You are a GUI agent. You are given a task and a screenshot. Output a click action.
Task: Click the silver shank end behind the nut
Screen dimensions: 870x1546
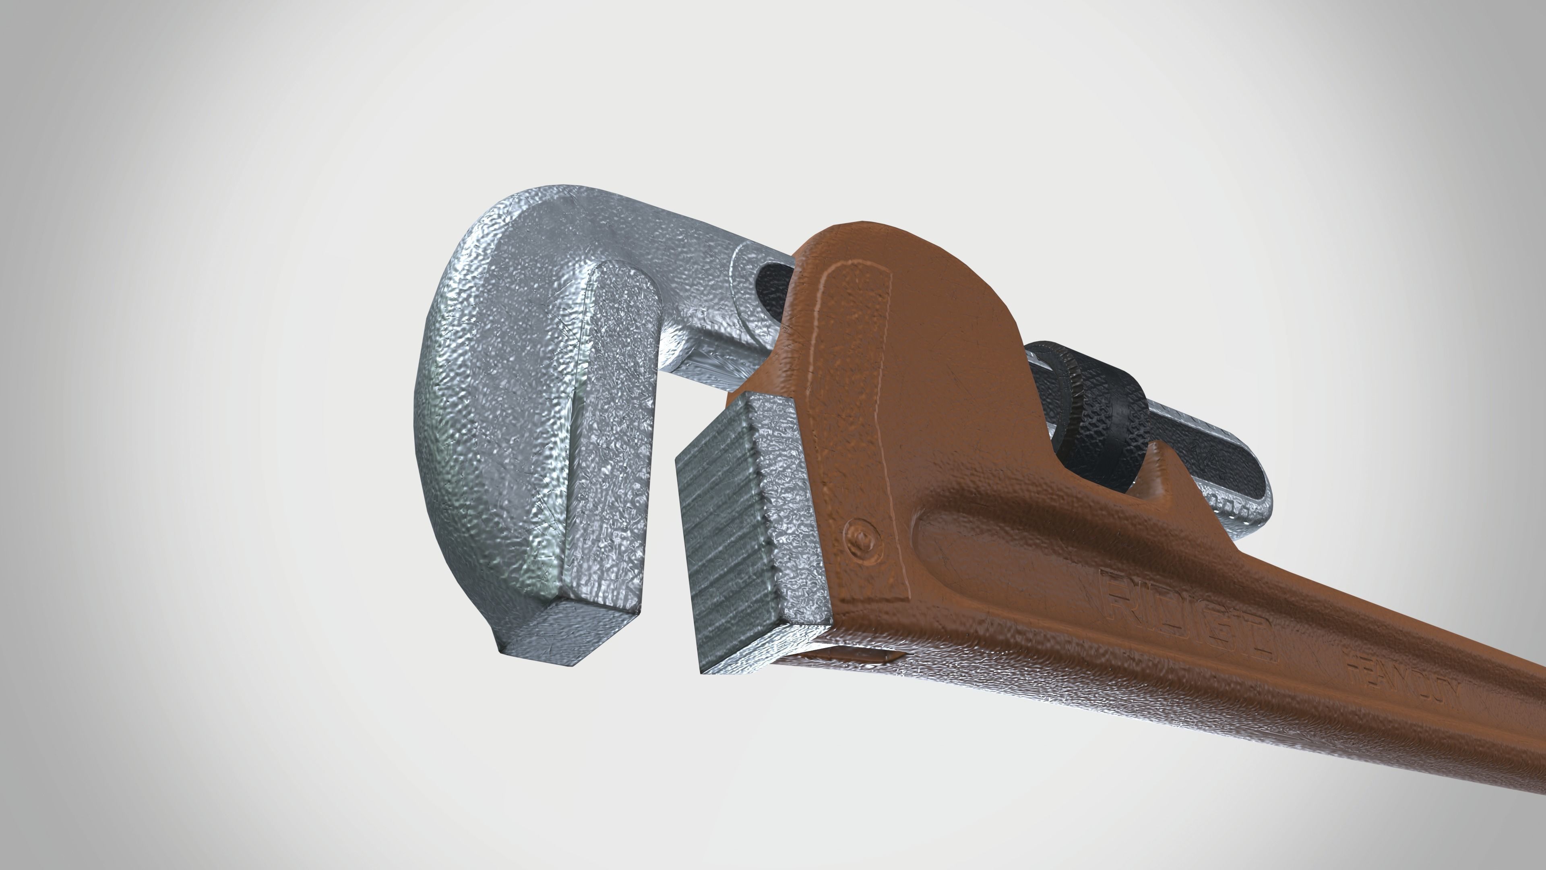(x=1218, y=481)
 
